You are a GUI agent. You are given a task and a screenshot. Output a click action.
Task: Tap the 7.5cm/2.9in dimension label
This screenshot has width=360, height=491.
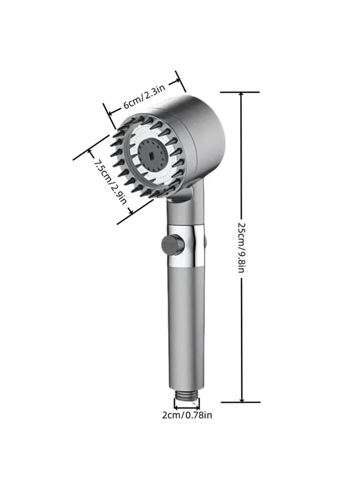[111, 182]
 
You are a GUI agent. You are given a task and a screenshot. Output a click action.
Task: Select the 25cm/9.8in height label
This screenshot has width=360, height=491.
[241, 247]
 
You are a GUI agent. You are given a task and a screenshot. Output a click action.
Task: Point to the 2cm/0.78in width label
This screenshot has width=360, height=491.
[187, 415]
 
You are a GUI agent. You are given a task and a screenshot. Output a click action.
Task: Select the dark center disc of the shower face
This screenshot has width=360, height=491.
[152, 155]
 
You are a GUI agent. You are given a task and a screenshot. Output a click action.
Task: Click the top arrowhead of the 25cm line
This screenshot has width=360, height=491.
[241, 96]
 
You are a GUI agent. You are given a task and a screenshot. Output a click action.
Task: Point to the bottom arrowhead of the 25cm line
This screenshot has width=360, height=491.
[242, 399]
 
